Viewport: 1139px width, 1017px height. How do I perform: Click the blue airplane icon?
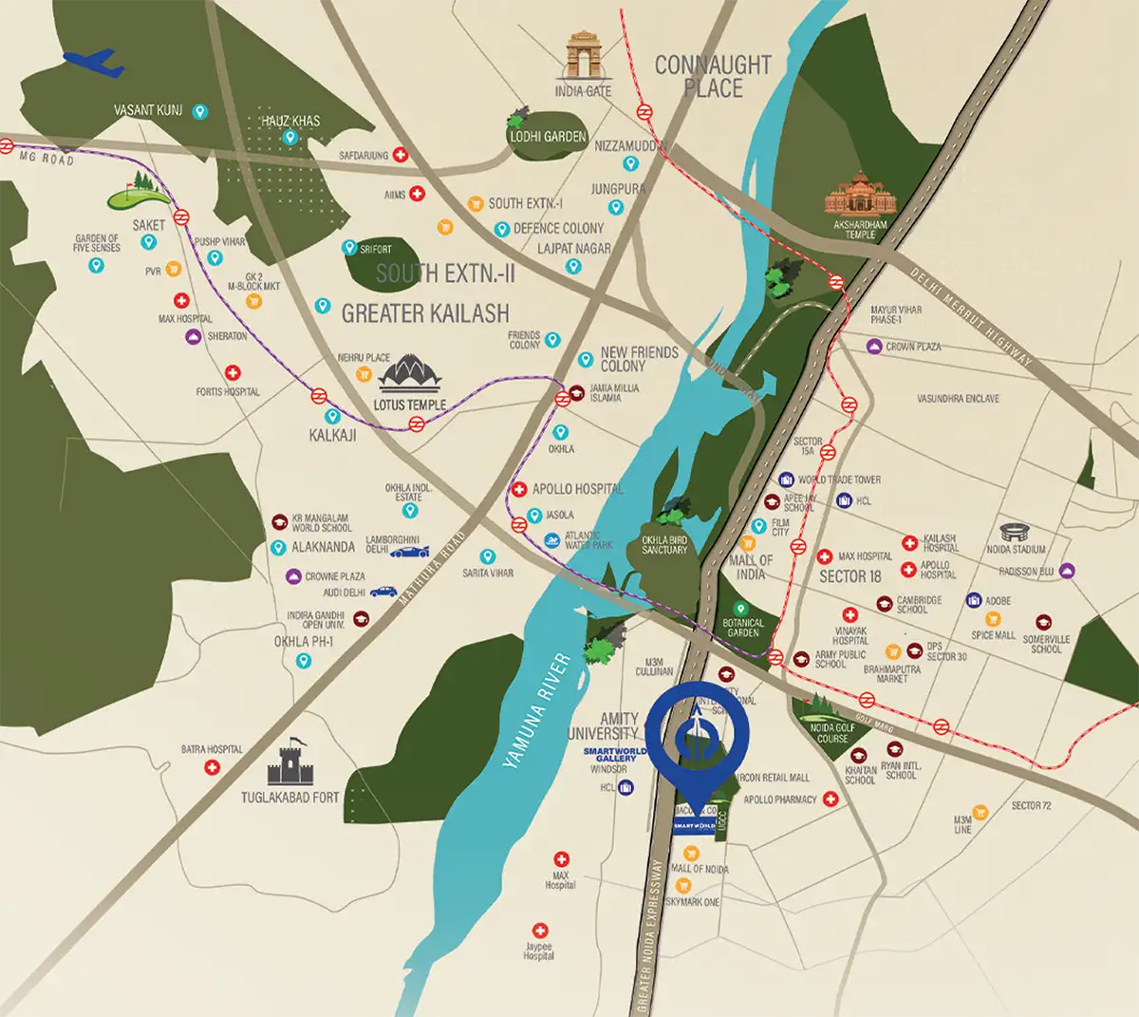93,64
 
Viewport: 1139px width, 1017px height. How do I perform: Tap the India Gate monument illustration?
584,56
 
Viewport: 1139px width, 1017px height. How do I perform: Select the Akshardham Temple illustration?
860,195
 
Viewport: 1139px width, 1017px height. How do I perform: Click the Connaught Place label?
713,77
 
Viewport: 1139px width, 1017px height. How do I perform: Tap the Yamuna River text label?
537,709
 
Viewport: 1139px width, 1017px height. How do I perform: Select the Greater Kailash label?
425,313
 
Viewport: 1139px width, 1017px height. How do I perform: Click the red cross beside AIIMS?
417,194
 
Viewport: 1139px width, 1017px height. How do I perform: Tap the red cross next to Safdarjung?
401,155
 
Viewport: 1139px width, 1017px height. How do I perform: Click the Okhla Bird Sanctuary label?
664,545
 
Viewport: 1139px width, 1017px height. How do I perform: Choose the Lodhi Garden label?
548,137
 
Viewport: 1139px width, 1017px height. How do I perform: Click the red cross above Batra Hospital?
213,767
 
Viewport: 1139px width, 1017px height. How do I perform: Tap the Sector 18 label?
850,575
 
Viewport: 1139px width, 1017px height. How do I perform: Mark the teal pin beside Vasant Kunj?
199,111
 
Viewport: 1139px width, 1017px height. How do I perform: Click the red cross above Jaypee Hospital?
539,931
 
